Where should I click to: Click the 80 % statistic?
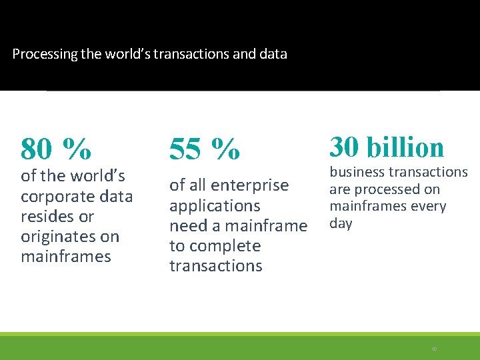(x=56, y=149)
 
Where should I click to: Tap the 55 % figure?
(x=205, y=149)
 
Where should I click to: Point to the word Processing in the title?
(x=45, y=54)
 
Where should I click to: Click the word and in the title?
(x=245, y=54)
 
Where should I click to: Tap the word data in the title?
(x=273, y=54)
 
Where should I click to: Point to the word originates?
(x=59, y=237)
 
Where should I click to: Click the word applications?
(x=215, y=205)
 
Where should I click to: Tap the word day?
(x=341, y=223)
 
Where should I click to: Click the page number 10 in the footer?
(x=434, y=349)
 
